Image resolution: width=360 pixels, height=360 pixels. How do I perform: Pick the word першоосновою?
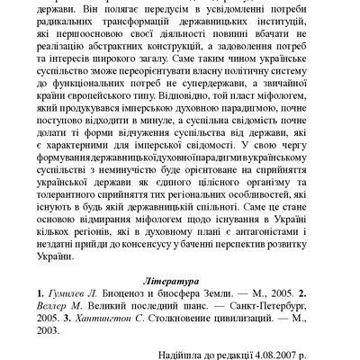coord(99,36)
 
